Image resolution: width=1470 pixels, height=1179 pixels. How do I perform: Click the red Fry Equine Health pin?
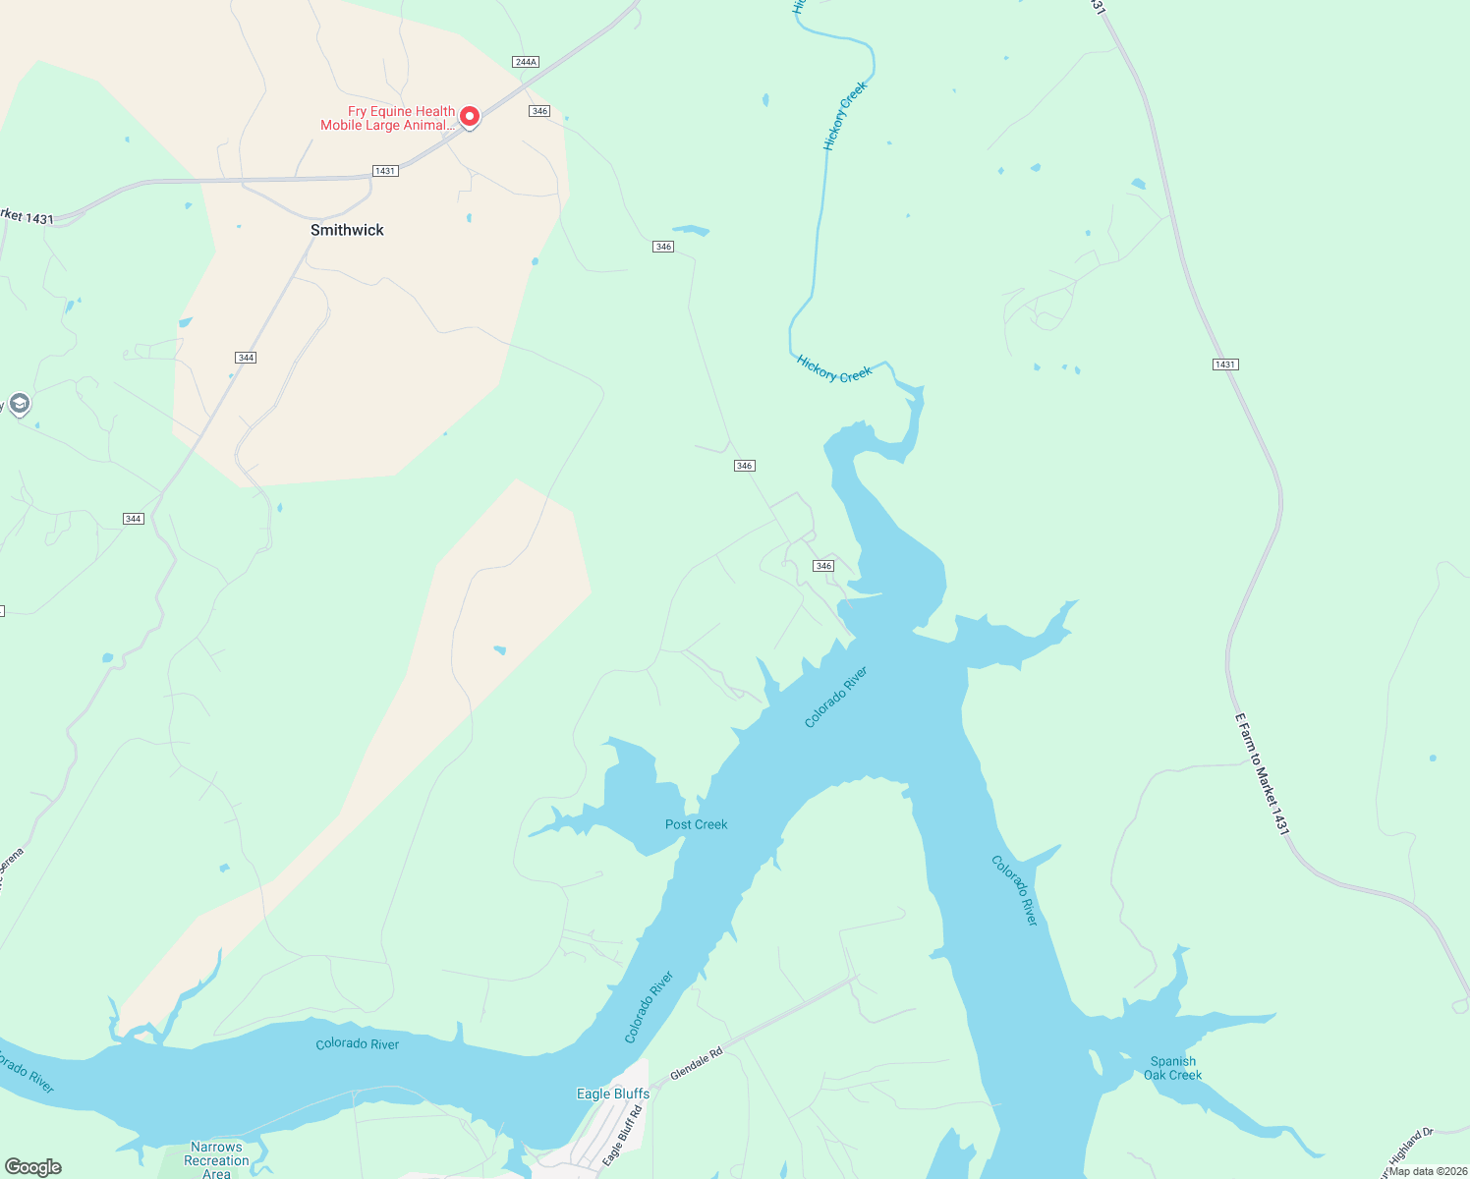click(x=470, y=117)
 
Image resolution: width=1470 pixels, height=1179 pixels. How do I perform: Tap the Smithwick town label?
click(x=347, y=230)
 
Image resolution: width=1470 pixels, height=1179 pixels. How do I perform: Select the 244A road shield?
click(x=526, y=62)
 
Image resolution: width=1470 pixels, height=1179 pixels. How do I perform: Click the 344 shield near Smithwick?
click(x=246, y=358)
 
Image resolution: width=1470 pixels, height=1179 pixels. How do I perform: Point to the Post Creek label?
click(x=696, y=824)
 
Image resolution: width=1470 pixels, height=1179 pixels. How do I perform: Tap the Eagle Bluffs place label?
click(x=612, y=1094)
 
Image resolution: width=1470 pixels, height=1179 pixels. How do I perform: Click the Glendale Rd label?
click(x=697, y=1064)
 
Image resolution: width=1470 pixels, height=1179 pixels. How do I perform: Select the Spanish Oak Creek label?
click(x=1172, y=1068)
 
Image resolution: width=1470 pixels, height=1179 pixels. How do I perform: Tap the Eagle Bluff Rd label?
click(x=623, y=1136)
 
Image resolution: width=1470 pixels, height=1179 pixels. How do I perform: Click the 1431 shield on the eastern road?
click(x=1224, y=365)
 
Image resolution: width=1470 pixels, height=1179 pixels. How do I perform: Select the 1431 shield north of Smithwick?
click(x=385, y=171)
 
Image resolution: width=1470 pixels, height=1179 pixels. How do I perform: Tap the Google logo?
click(x=33, y=1167)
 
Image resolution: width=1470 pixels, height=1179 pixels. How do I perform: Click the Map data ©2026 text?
click(x=1428, y=1171)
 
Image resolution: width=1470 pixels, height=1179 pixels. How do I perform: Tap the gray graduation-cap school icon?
click(x=19, y=404)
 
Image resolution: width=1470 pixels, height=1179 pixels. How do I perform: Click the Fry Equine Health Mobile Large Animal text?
click(x=388, y=119)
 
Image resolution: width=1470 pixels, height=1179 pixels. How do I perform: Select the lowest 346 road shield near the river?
click(x=823, y=566)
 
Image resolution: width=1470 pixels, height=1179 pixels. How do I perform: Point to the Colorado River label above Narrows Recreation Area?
click(x=358, y=1043)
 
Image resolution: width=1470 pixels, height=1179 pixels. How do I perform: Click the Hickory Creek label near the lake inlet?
click(x=834, y=369)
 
